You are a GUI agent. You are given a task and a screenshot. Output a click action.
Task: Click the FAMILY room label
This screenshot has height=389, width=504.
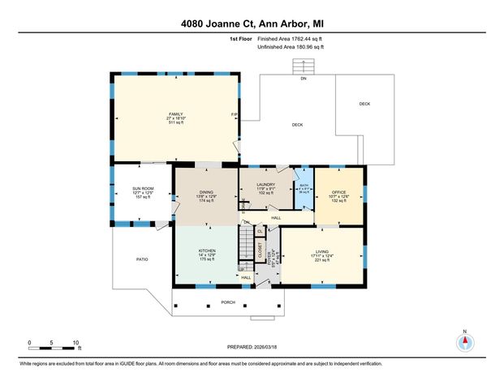point(174,113)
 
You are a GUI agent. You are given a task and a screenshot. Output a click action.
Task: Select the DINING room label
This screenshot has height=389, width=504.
point(206,191)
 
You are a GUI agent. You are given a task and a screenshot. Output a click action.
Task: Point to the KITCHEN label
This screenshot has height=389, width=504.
point(207,251)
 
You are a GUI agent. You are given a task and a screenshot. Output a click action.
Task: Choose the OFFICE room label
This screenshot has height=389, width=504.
point(338,192)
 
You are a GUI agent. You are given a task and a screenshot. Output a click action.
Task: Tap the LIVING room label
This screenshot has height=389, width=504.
point(321,252)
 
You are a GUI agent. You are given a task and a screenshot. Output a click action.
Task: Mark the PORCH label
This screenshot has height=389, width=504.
point(227,303)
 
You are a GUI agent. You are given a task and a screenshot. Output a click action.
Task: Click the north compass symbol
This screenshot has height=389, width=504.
point(465,342)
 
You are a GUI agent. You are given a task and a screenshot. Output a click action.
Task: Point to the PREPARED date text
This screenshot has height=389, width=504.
point(252,347)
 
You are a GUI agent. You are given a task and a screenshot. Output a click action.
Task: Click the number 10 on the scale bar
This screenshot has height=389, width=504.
point(75,342)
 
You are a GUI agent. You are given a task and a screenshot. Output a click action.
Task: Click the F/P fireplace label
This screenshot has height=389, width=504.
point(235,114)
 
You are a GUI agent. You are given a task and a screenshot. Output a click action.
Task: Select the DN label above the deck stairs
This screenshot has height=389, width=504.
point(303,79)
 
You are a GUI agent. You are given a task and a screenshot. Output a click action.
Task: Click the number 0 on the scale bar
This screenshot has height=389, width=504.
point(29,342)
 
